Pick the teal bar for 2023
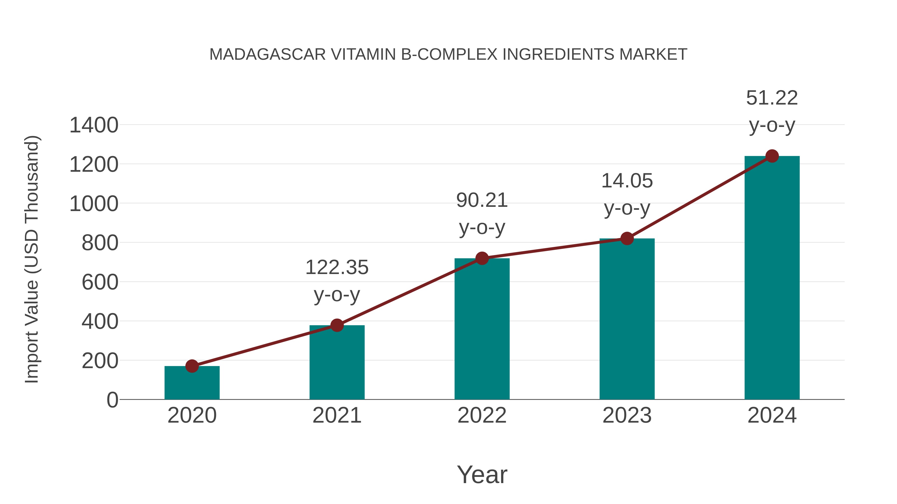tap(627, 320)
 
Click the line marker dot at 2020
tap(192, 366)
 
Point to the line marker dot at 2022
tap(482, 258)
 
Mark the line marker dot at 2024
tap(772, 156)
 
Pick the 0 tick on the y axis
tap(112, 400)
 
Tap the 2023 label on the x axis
tap(627, 415)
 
